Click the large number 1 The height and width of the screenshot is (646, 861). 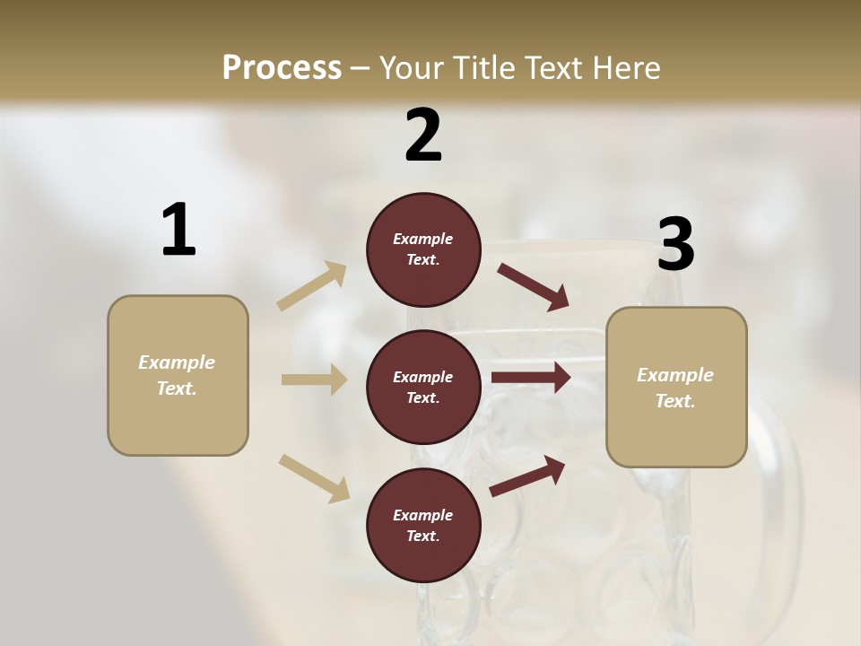(178, 231)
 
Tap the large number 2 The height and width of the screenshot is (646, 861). (423, 135)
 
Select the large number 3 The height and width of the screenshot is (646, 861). (675, 245)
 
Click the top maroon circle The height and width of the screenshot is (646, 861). (423, 249)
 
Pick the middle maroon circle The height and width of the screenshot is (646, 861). (423, 387)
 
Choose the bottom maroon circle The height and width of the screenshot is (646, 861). (423, 525)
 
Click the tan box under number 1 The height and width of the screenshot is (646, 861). (178, 375)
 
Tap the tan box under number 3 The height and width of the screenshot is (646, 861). (676, 387)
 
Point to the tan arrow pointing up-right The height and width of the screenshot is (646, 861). (312, 286)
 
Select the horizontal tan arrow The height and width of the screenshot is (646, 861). (314, 380)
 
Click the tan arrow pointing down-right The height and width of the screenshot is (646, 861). (314, 477)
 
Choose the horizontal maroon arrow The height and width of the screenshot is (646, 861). (531, 378)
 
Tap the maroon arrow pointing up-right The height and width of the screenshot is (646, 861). (527, 476)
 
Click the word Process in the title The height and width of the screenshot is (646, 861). (282, 67)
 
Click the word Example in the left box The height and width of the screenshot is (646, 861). (177, 362)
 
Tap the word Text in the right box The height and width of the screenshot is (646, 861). (674, 401)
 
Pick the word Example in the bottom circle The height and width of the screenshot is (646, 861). (422, 515)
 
